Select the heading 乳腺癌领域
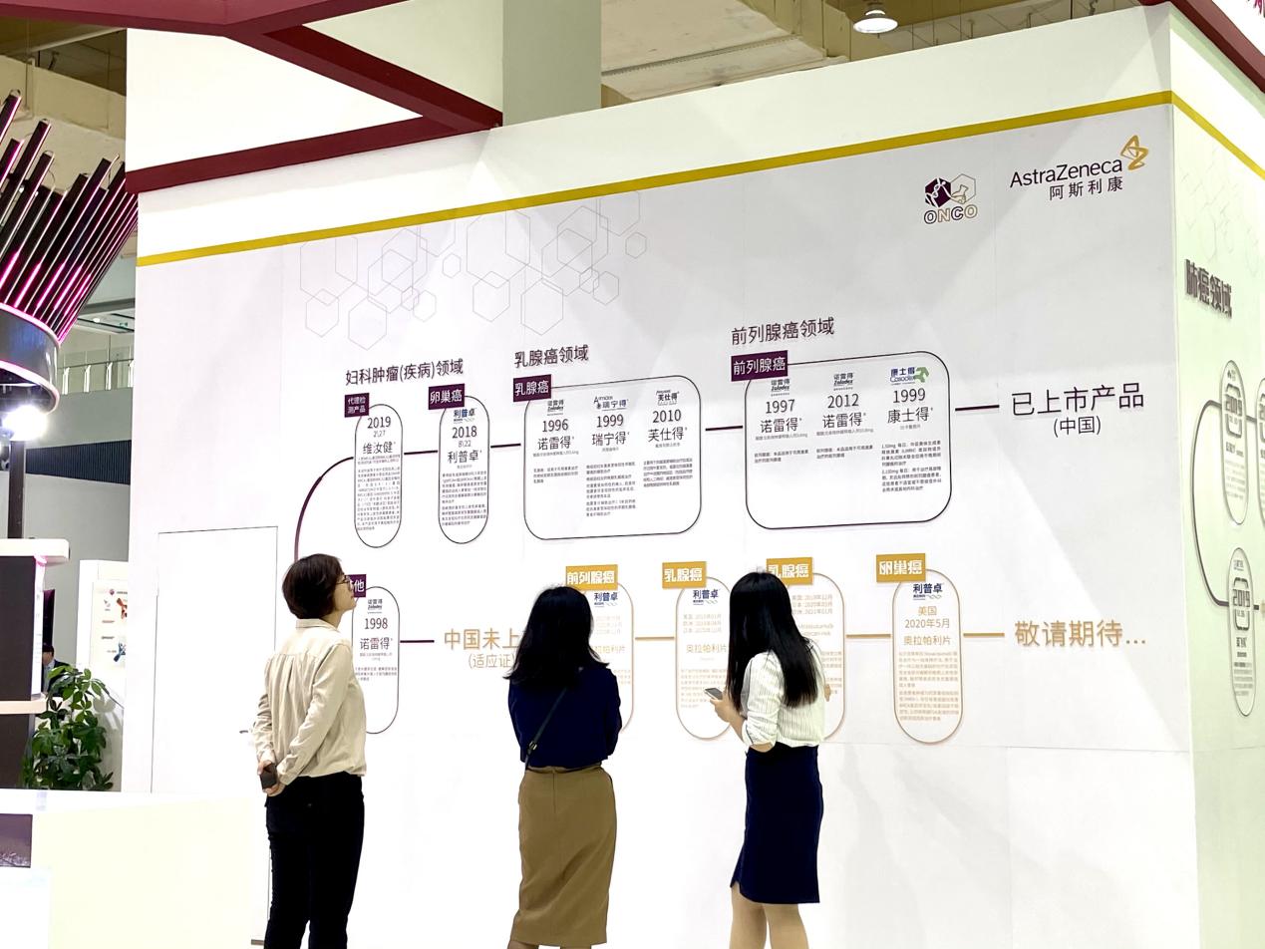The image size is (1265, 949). [551, 356]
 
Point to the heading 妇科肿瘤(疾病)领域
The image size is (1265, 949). [404, 373]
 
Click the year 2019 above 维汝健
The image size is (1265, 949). [379, 423]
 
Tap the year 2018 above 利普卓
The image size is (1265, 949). [464, 433]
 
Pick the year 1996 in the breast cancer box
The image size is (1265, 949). [554, 426]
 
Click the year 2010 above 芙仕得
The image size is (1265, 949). [666, 416]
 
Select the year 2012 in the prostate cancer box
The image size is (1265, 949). [842, 402]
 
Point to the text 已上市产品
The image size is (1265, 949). [1077, 400]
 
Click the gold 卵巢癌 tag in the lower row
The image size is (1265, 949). [900, 567]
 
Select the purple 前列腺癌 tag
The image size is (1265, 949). [760, 366]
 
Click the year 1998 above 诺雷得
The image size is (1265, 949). [376, 624]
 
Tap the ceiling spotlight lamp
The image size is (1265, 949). [875, 20]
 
